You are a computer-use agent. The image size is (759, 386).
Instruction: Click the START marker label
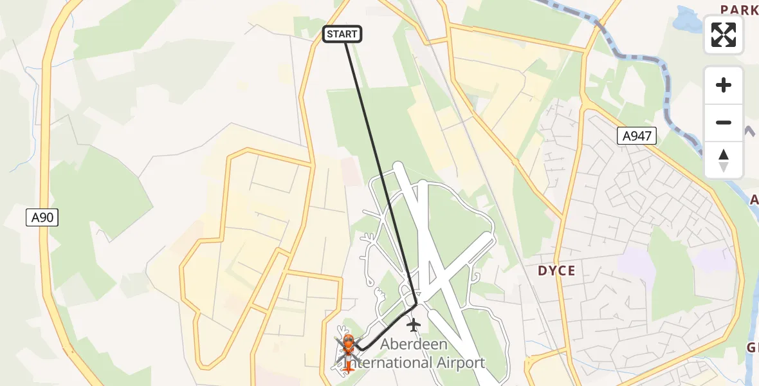click(342, 34)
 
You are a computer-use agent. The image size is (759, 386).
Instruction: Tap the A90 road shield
click(43, 217)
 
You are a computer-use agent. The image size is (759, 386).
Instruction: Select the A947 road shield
click(637, 135)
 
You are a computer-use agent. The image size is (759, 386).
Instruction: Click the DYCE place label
click(556, 271)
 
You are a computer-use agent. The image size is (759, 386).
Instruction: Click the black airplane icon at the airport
click(413, 325)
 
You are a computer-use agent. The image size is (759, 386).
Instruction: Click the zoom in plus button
click(724, 85)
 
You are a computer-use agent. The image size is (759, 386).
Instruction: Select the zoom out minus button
click(724, 122)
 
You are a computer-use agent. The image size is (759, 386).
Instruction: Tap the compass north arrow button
click(724, 160)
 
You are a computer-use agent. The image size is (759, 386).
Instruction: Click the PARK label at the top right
click(739, 10)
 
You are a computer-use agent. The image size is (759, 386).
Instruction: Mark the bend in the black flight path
click(416, 304)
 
